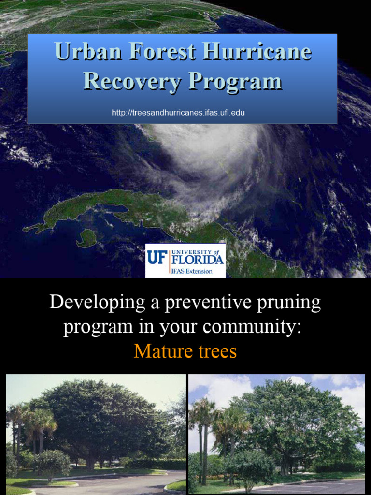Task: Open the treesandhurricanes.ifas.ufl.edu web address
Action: coord(178,113)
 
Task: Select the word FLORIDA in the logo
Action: coord(198,260)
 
